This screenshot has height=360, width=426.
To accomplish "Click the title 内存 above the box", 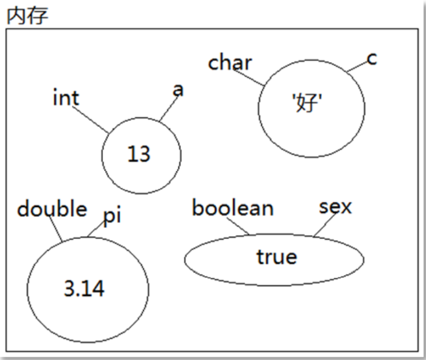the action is click(27, 15).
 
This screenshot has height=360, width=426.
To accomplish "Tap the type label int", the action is click(65, 98).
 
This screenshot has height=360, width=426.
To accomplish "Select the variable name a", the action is click(178, 90).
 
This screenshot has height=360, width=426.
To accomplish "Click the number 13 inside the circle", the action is click(138, 154).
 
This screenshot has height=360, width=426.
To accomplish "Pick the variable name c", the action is click(372, 58).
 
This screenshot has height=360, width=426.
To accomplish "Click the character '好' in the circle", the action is click(308, 106).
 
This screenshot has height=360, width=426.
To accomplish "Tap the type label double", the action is click(52, 209).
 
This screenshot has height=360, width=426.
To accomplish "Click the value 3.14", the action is click(84, 288).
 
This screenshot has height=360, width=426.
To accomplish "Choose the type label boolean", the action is click(233, 208).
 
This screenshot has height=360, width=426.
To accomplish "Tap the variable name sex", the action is click(335, 207).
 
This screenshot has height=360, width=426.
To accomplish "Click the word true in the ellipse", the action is click(276, 257).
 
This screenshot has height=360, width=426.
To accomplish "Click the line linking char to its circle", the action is click(250, 78).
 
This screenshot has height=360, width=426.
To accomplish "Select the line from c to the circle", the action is click(357, 67).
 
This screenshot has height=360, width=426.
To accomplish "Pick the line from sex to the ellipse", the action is click(324, 225).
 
